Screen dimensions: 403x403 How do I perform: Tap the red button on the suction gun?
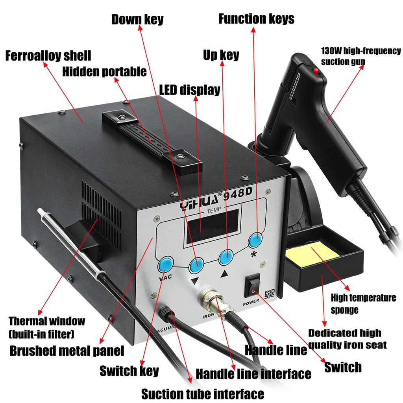tap(315, 71)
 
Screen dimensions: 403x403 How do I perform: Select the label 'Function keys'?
tap(256, 18)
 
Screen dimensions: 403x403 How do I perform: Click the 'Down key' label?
tap(137, 19)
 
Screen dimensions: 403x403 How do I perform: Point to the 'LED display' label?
tap(189, 90)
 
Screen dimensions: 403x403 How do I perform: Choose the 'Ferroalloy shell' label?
tap(48, 55)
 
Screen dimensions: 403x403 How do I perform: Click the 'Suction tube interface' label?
tap(202, 393)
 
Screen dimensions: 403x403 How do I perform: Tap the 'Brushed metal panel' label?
tap(67, 350)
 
